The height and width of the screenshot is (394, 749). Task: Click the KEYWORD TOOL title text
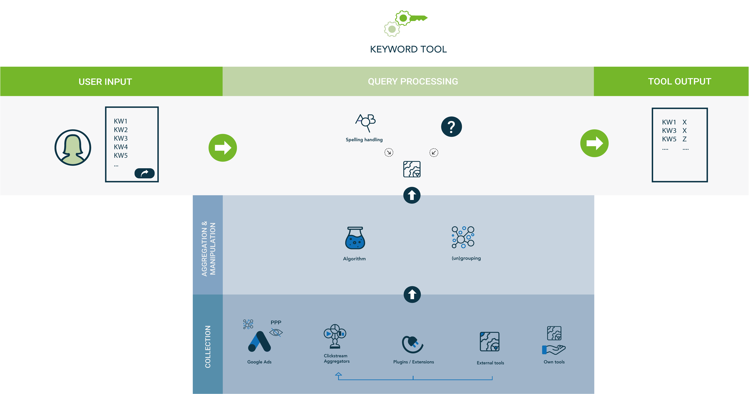tap(408, 49)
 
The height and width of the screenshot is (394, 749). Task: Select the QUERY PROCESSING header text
tap(413, 82)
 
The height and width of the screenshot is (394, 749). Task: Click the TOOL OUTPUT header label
tap(680, 82)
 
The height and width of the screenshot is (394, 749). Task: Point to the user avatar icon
tap(73, 148)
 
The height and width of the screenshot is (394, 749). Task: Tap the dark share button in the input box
tap(144, 173)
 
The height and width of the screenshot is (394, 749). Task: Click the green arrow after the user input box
tap(223, 148)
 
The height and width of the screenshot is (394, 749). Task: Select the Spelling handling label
tap(364, 140)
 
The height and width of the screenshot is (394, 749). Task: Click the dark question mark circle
tap(451, 127)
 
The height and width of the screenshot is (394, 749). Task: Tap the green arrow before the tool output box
tap(594, 143)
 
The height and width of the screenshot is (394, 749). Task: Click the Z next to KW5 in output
tap(684, 139)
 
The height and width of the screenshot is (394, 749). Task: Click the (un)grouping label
tap(466, 258)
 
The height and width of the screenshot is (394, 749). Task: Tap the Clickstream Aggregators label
tap(336, 358)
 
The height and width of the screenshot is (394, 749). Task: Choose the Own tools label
tap(554, 362)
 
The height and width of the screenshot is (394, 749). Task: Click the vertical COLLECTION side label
tap(208, 347)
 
